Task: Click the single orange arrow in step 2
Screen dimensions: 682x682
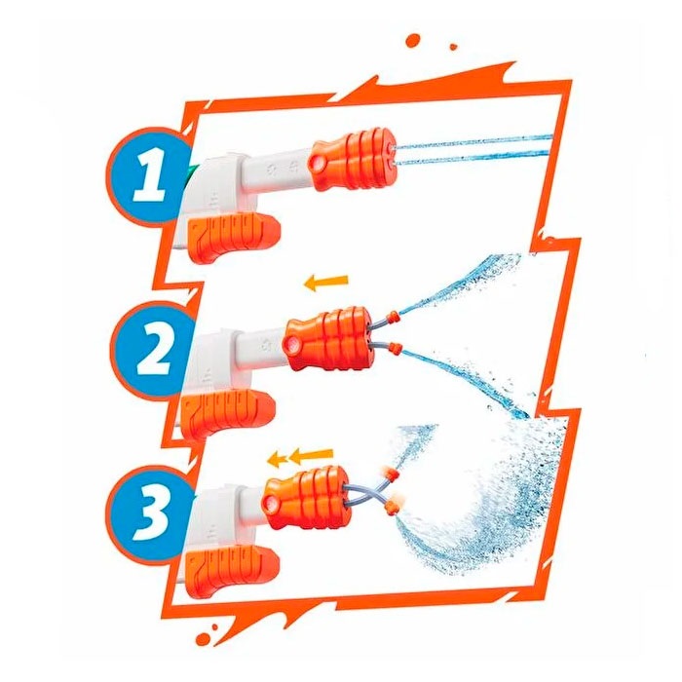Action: (x=324, y=284)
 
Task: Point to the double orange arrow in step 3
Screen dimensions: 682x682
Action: (x=301, y=455)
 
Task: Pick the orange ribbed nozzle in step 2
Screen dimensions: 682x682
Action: (x=328, y=337)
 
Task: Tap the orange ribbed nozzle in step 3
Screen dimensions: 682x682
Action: (x=303, y=498)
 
